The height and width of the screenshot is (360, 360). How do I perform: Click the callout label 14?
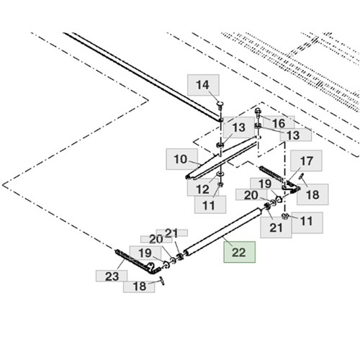pyautogui.click(x=203, y=85)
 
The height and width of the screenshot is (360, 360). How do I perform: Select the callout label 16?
pyautogui.click(x=279, y=122)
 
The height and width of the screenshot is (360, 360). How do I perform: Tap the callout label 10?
pyautogui.click(x=181, y=159)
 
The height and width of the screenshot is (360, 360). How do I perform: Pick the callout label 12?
pyautogui.click(x=203, y=189)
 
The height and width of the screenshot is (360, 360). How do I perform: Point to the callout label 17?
pyautogui.click(x=306, y=161)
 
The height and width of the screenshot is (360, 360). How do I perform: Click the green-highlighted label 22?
pyautogui.click(x=239, y=252)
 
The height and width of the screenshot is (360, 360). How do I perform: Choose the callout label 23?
pyautogui.click(x=112, y=276)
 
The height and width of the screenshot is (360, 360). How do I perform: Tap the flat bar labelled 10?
pyautogui.click(x=222, y=158)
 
